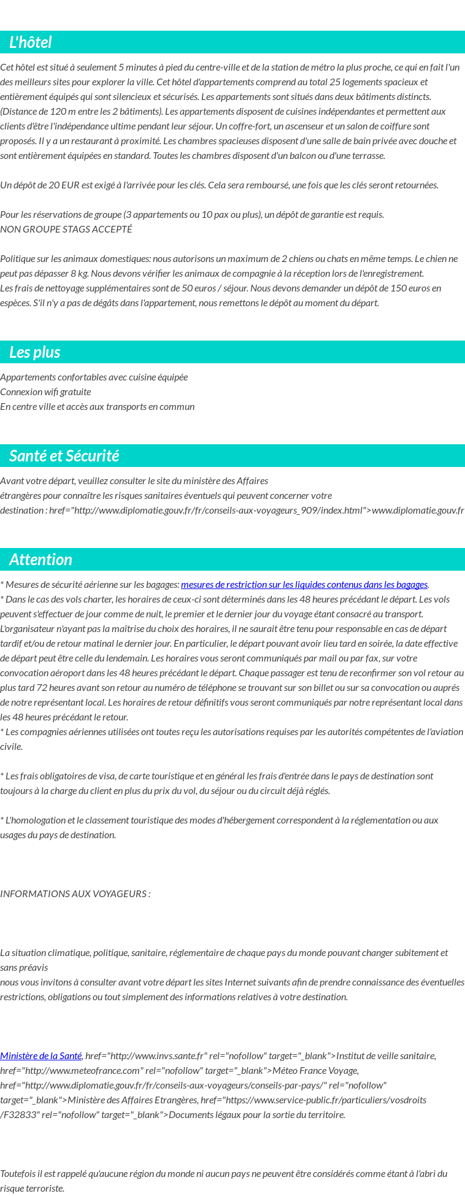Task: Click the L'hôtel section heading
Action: coord(30,42)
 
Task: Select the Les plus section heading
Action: coord(34,352)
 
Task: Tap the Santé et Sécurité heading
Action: coord(64,456)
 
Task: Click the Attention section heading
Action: coord(40,560)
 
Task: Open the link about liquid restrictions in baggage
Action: coord(304,584)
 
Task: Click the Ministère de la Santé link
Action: coord(40,1055)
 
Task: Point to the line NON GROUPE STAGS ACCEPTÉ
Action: coord(66,229)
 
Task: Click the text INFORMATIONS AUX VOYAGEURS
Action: coord(75,893)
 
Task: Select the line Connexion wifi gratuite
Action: coord(45,392)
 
